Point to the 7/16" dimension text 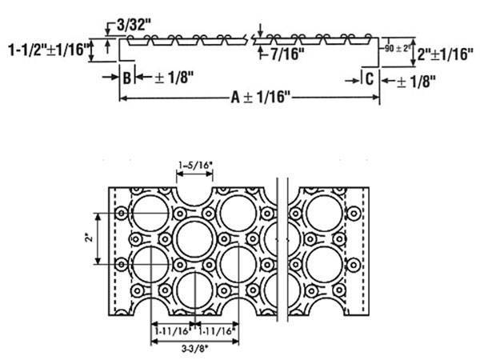pyautogui.click(x=289, y=54)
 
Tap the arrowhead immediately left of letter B pyautogui.click(x=114, y=78)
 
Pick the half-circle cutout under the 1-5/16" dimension pyautogui.click(x=194, y=193)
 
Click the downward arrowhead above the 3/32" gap pyautogui.click(x=107, y=32)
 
